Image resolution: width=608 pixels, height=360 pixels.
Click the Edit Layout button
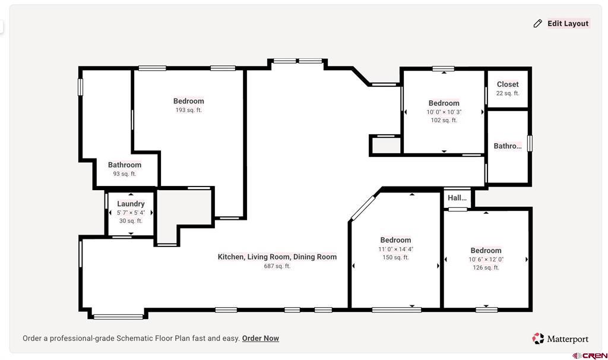click(567, 24)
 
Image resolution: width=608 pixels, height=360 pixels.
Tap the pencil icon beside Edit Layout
click(538, 24)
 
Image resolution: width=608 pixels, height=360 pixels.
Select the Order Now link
click(260, 338)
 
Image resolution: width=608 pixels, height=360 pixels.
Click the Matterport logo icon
click(538, 339)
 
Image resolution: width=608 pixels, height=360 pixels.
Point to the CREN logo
click(590, 355)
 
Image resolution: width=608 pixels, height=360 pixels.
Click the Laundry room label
click(131, 204)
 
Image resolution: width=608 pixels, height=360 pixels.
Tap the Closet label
click(508, 84)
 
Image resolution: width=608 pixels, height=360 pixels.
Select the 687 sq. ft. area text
click(277, 266)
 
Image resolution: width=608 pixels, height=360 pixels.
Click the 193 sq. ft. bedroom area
click(188, 110)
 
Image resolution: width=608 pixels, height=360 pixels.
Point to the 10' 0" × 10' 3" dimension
click(444, 112)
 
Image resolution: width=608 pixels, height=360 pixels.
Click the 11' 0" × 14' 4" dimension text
click(395, 249)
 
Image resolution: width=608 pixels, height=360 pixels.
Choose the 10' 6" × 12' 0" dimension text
click(486, 259)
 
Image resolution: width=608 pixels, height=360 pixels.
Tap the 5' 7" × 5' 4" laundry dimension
click(131, 213)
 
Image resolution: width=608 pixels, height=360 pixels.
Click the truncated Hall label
click(457, 198)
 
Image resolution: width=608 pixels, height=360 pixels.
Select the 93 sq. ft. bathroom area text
click(125, 174)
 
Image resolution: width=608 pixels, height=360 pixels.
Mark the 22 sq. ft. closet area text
click(508, 93)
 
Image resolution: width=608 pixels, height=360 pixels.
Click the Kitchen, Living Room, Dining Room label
click(277, 257)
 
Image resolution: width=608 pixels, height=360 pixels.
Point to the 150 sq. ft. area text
click(395, 257)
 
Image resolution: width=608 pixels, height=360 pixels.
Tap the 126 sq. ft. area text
click(486, 267)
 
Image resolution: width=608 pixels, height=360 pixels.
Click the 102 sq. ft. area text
click(444, 120)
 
